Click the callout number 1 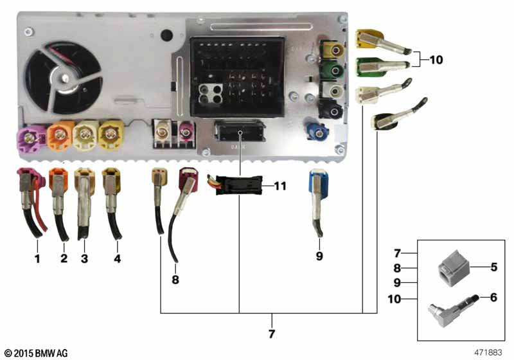(37, 259)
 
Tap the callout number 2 (64, 259)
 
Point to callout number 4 (117, 259)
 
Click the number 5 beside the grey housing (493, 267)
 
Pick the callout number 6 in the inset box (493, 298)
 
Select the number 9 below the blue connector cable (319, 256)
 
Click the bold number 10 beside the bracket (436, 60)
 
